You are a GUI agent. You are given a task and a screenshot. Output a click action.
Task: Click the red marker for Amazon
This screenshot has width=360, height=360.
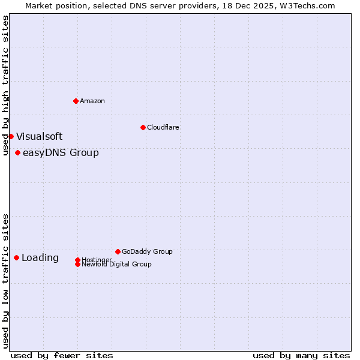click(76, 101)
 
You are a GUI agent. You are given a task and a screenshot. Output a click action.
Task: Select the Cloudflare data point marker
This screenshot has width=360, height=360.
click(143, 127)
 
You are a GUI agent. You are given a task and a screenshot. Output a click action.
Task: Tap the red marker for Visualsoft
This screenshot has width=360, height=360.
click(11, 136)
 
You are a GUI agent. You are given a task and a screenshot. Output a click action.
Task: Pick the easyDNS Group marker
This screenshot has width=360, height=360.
click(17, 152)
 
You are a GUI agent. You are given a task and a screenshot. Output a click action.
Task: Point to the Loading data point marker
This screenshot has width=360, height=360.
click(16, 257)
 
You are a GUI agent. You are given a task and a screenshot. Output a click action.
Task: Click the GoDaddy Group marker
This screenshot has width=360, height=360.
click(118, 251)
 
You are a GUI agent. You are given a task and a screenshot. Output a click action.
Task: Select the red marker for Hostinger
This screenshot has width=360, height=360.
click(77, 260)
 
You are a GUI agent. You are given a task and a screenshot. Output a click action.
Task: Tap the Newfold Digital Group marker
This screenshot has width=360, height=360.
click(77, 264)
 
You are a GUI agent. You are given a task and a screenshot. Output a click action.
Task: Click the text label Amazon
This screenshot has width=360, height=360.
click(92, 101)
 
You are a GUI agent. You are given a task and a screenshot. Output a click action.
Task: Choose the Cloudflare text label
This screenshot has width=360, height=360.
click(163, 127)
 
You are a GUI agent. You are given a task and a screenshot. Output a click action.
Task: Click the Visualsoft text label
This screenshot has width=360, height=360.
click(39, 136)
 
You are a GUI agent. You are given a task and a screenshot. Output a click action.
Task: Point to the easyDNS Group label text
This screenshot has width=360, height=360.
click(61, 152)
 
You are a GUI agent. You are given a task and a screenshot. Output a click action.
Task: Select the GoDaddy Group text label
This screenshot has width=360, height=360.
click(147, 251)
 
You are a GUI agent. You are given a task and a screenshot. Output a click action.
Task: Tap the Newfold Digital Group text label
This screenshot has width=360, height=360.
click(116, 265)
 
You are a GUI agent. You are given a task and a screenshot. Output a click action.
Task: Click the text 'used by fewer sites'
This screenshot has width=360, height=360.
click(62, 355)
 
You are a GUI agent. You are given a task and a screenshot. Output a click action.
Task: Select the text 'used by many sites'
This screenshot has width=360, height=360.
click(301, 355)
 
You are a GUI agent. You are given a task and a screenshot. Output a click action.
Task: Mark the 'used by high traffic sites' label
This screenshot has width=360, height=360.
click(5, 85)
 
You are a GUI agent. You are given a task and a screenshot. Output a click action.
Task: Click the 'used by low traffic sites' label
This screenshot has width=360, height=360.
click(5, 280)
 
